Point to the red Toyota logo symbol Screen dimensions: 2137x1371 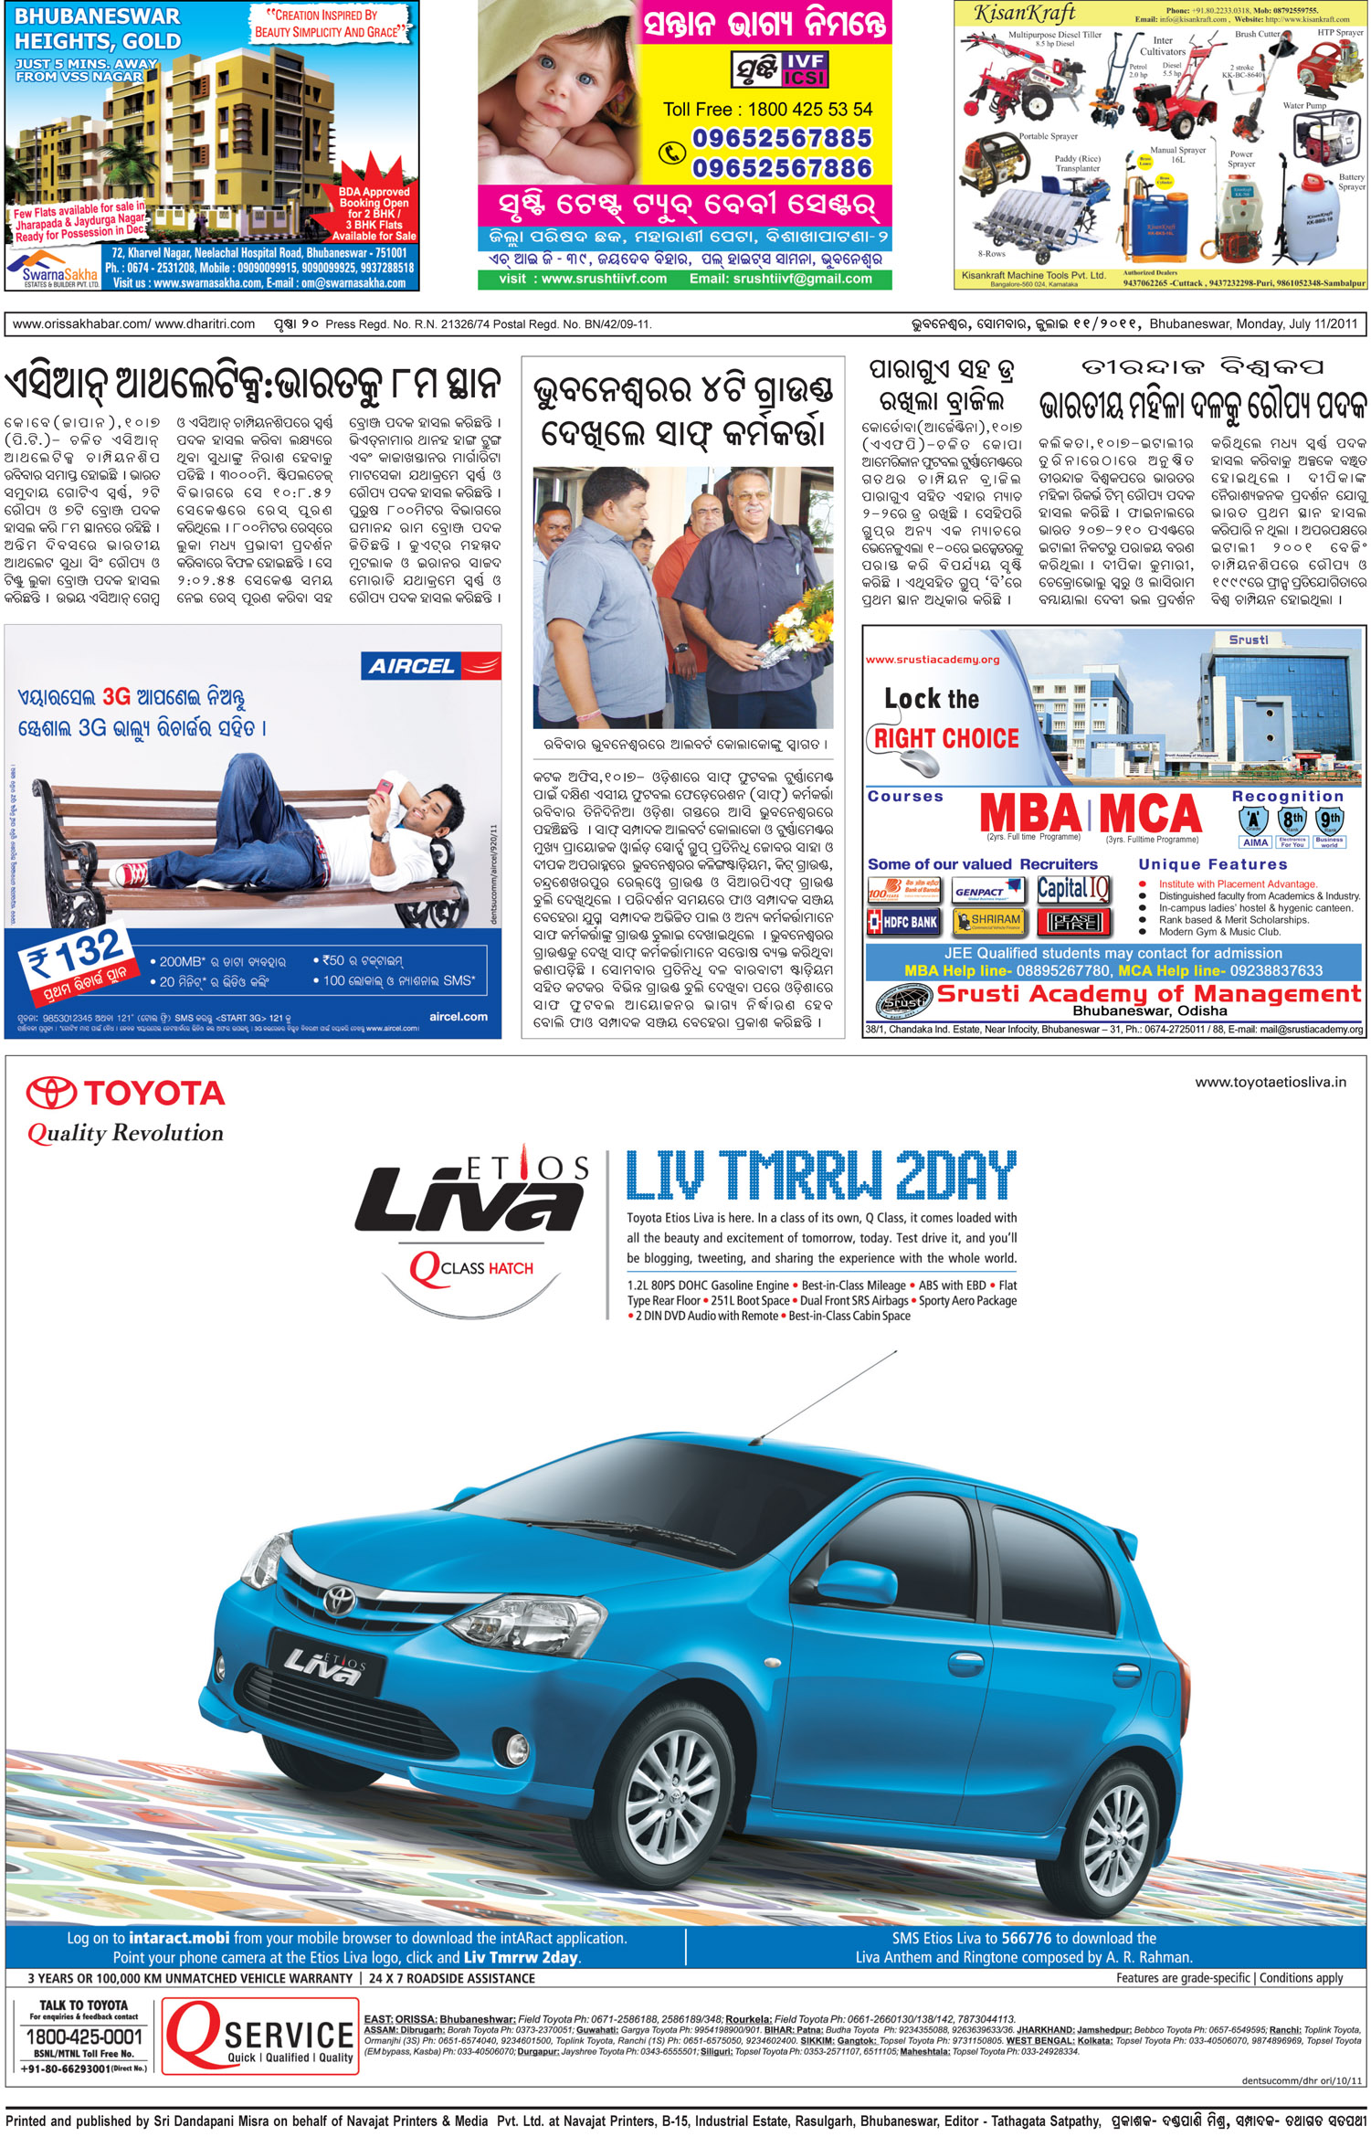pyautogui.click(x=51, y=1093)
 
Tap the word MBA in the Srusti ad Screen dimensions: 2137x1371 pyautogui.click(x=1029, y=812)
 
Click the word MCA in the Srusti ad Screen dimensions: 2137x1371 pyautogui.click(x=1150, y=812)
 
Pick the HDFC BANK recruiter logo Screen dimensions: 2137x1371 pyautogui.click(x=903, y=922)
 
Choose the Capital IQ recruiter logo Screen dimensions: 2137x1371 pyautogui.click(x=1073, y=889)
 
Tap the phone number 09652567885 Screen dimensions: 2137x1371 pyautogui.click(x=782, y=138)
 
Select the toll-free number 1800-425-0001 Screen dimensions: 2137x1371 pyautogui.click(x=84, y=2037)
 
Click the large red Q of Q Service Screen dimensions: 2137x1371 pyautogui.click(x=194, y=2033)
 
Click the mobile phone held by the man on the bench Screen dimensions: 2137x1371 pyautogui.click(x=385, y=787)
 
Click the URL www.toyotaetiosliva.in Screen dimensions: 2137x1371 pyautogui.click(x=1270, y=1082)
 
